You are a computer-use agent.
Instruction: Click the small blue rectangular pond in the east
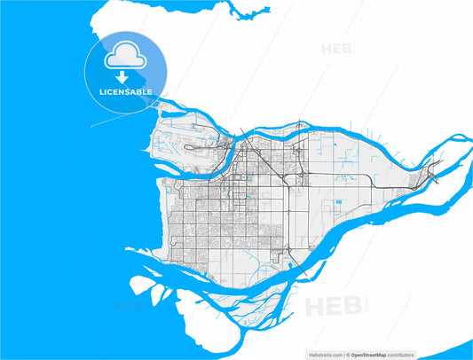pyautogui.click(x=338, y=206)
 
